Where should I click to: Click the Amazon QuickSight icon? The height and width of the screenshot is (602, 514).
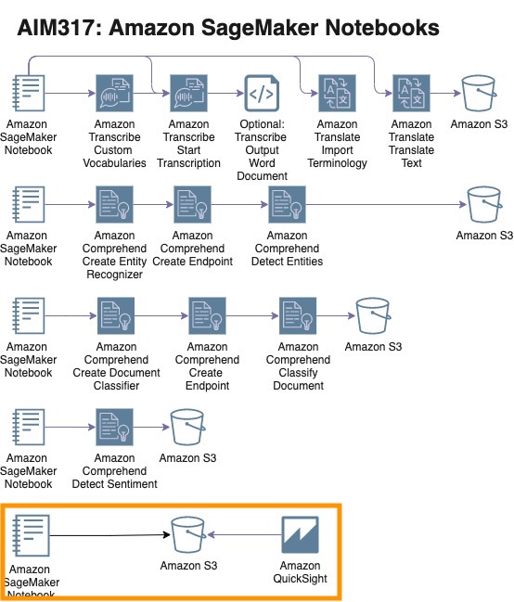click(300, 535)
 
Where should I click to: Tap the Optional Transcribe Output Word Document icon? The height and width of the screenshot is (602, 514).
click(262, 94)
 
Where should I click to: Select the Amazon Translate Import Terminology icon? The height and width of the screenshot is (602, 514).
click(337, 94)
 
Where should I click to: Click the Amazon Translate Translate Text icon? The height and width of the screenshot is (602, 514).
click(411, 94)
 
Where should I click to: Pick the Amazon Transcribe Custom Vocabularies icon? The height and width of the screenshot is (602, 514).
click(114, 94)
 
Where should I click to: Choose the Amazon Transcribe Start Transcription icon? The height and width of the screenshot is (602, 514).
click(188, 94)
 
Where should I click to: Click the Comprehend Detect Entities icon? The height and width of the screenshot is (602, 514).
click(287, 205)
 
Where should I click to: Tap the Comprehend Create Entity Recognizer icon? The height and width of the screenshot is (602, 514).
click(114, 205)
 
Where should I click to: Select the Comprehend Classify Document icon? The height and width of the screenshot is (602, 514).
click(298, 315)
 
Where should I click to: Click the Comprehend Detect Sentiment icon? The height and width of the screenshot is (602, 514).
click(114, 427)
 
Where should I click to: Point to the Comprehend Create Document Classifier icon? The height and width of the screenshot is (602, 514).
click(116, 315)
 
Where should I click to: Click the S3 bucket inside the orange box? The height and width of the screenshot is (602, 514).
click(188, 535)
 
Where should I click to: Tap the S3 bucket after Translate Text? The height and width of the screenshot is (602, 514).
click(479, 94)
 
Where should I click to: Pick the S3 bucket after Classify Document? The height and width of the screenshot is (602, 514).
click(373, 315)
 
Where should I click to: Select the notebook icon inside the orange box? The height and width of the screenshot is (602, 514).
click(31, 535)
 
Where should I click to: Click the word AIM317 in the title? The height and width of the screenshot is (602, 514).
click(59, 28)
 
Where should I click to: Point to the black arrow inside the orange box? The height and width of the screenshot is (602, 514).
click(110, 535)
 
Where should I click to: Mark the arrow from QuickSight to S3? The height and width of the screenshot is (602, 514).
click(244, 534)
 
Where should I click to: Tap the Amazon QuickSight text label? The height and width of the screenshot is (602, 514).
click(300, 572)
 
